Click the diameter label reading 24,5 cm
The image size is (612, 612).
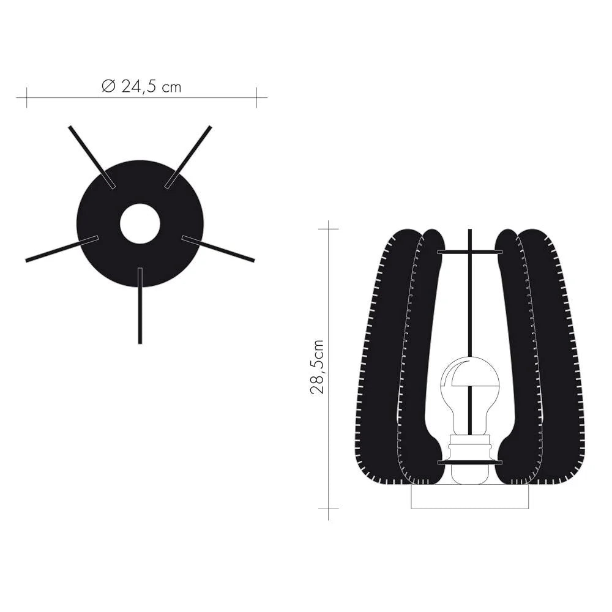click(151, 87)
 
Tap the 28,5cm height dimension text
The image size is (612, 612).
click(317, 367)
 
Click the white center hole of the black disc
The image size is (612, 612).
click(140, 223)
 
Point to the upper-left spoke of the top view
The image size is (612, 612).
click(92, 157)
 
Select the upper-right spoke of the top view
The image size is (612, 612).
click(188, 157)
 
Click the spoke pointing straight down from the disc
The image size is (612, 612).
click(140, 305)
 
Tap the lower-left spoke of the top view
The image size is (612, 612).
click(62, 248)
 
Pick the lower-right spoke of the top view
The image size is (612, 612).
click(218, 248)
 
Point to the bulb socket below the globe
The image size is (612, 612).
click(470, 458)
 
